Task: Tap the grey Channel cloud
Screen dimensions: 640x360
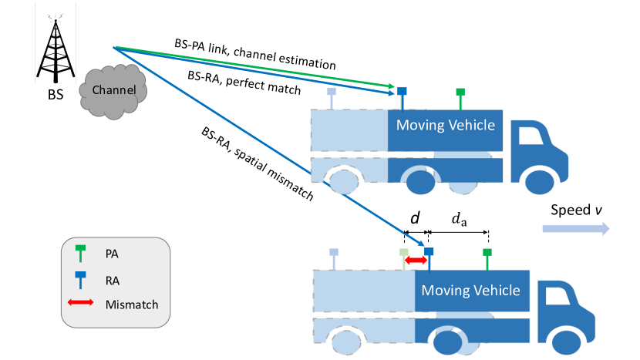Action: (113, 92)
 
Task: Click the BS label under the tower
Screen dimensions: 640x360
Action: (56, 95)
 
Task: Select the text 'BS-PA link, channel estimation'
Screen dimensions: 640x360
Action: (255, 54)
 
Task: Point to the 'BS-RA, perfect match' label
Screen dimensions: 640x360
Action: (244, 82)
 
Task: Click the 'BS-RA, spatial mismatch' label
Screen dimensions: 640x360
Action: (258, 163)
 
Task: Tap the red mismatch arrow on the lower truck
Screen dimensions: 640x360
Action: (416, 260)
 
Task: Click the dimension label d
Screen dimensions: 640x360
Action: (415, 218)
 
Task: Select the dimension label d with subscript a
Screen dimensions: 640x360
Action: (459, 219)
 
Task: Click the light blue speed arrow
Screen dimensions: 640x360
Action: (576, 229)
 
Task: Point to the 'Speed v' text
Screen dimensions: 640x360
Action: (576, 210)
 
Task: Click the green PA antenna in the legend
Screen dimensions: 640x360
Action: (80, 253)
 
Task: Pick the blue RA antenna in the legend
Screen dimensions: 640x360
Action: (80, 280)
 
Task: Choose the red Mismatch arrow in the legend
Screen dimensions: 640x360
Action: (80, 302)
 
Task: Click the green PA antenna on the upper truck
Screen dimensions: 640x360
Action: (460, 99)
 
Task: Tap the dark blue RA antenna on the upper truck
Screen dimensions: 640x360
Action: (402, 99)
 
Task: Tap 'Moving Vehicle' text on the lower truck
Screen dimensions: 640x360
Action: (470, 290)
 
